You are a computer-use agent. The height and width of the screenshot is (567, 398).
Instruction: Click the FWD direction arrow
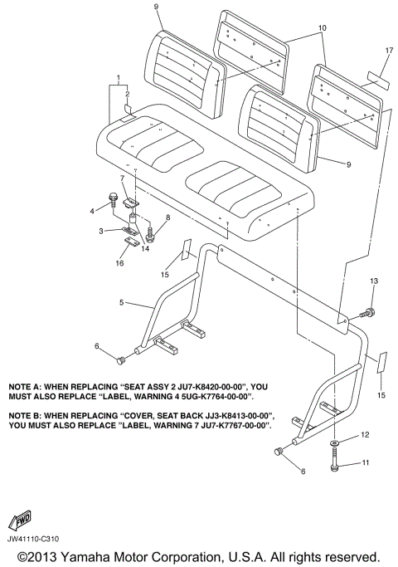pyautogui.click(x=20, y=520)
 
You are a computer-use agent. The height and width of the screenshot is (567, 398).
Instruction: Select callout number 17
pyautogui.click(x=389, y=51)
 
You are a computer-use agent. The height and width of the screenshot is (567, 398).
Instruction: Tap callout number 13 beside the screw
pyautogui.click(x=374, y=281)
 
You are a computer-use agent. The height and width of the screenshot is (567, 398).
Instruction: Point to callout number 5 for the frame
pyautogui.click(x=122, y=302)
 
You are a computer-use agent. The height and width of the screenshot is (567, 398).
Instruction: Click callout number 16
pyautogui.click(x=119, y=263)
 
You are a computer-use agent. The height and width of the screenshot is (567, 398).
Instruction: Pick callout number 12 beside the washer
pyautogui.click(x=365, y=434)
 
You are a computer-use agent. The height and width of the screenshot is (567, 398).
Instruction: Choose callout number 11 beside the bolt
pyautogui.click(x=366, y=462)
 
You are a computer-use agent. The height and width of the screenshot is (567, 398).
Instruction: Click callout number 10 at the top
pyautogui.click(x=323, y=27)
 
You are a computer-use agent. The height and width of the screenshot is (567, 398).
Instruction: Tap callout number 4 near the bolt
pyautogui.click(x=92, y=211)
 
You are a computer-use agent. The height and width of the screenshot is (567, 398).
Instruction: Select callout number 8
pyautogui.click(x=168, y=218)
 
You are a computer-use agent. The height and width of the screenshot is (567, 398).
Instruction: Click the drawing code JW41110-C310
pyautogui.click(x=33, y=539)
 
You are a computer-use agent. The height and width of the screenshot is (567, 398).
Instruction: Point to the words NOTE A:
pyautogui.click(x=24, y=387)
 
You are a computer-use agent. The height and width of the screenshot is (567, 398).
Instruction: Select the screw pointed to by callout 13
pyautogui.click(x=366, y=312)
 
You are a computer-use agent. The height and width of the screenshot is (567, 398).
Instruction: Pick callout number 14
pyautogui.click(x=145, y=249)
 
